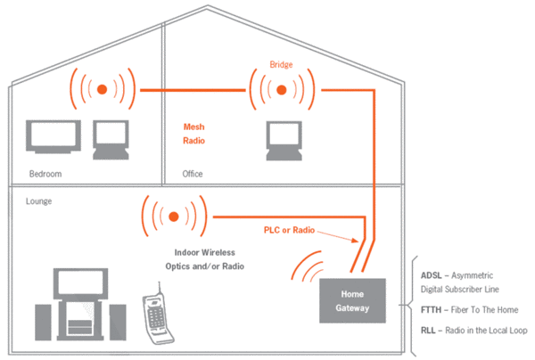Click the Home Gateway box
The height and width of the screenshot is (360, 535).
pyautogui.click(x=353, y=300)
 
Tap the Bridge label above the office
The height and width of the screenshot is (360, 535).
pyautogui.click(x=281, y=65)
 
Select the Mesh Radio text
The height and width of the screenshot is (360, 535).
pyautogui.click(x=194, y=134)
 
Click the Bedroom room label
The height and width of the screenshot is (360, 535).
pyautogui.click(x=45, y=173)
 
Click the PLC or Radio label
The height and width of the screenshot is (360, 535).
pyautogui.click(x=291, y=230)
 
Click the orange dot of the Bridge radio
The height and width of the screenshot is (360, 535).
pyautogui.click(x=282, y=89)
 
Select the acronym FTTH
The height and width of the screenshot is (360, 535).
pyautogui.click(x=432, y=310)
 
